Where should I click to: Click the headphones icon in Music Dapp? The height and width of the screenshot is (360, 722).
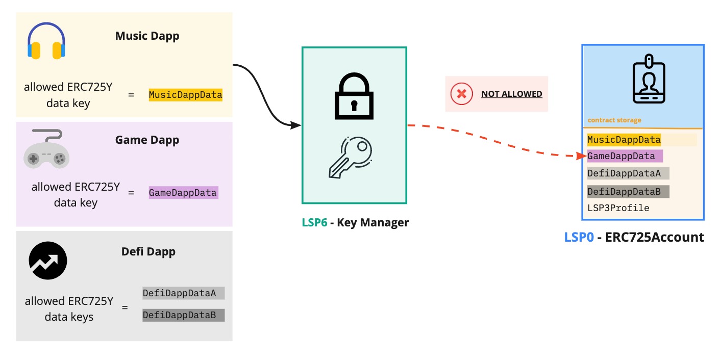46,41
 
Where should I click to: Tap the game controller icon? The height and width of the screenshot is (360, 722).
46,149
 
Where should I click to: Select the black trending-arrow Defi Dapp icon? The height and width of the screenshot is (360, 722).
48,261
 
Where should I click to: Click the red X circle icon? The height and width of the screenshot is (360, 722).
461,94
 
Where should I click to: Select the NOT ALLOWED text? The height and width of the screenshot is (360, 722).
511,94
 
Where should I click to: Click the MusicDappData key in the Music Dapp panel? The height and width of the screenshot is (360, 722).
185,95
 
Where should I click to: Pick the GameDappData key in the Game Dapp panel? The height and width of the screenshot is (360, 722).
183,193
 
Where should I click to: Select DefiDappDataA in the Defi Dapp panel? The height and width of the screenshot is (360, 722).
183,293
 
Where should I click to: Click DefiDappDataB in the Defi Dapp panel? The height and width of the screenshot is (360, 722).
183,315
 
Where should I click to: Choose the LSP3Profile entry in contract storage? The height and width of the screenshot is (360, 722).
618,208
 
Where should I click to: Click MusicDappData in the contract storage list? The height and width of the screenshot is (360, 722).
624,140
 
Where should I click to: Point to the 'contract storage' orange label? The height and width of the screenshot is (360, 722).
614,120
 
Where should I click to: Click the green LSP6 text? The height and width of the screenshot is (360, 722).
314,222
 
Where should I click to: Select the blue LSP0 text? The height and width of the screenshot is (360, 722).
579,237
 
